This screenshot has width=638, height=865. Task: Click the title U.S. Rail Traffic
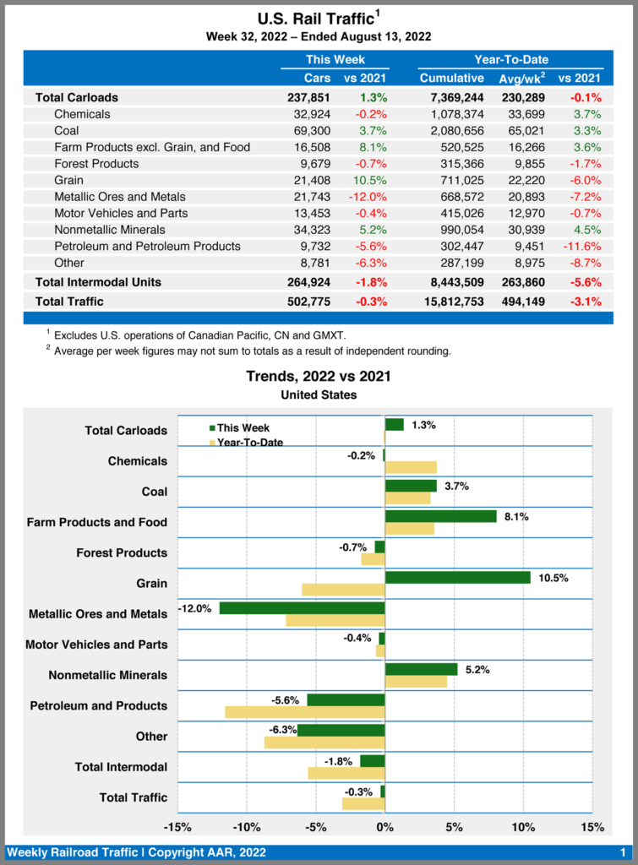click(314, 18)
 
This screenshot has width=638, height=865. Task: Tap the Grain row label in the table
click(69, 180)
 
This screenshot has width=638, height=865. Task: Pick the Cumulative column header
click(452, 79)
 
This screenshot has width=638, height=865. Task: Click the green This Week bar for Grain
click(457, 577)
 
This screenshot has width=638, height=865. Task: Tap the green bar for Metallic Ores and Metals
click(302, 608)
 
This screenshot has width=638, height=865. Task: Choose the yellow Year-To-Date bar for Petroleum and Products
click(304, 712)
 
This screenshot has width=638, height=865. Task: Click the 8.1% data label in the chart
click(516, 517)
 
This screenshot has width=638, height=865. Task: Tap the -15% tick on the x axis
click(177, 827)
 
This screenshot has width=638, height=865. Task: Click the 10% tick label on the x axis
click(522, 827)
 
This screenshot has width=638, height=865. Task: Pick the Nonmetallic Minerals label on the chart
click(107, 675)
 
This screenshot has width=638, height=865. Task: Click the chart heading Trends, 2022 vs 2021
click(319, 376)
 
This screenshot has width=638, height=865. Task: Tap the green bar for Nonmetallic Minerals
click(421, 669)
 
